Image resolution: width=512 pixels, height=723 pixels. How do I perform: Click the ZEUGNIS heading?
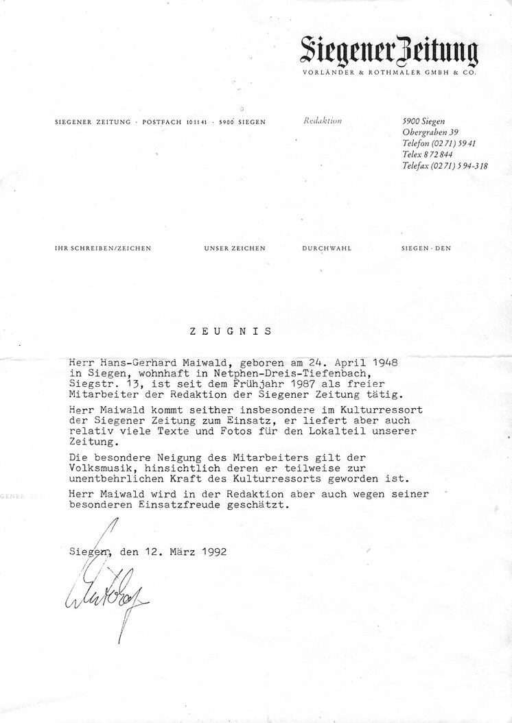click(x=231, y=331)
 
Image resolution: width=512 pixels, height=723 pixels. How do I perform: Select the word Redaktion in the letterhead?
click(x=322, y=121)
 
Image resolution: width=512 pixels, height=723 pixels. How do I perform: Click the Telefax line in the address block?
click(x=445, y=165)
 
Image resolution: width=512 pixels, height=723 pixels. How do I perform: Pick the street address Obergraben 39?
click(x=430, y=132)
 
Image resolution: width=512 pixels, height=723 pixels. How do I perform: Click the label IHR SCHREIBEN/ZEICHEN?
click(x=103, y=248)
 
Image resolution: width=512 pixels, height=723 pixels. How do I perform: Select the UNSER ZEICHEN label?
click(x=235, y=248)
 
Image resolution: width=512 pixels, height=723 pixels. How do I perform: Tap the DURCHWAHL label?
click(x=327, y=248)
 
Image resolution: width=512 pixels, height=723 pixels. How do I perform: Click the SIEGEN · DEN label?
click(x=427, y=248)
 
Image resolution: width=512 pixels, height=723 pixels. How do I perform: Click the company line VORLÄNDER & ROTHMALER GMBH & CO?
click(x=389, y=73)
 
